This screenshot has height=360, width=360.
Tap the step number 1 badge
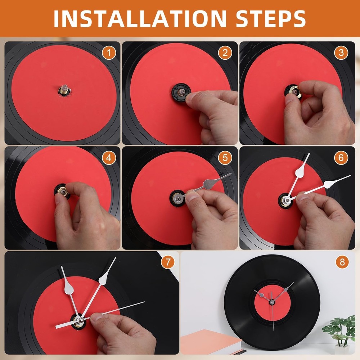pyautogui.click(x=109, y=53)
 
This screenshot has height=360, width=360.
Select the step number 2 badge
pyautogui.click(x=225, y=53)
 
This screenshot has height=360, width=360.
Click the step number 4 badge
pyautogui.click(x=109, y=157)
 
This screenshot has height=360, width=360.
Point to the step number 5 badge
pyautogui.click(x=225, y=157)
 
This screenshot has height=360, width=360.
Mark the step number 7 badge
pyautogui.click(x=167, y=262)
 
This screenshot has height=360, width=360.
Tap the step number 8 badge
pyautogui.click(x=342, y=262)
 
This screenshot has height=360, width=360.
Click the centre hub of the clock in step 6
pyautogui.click(x=286, y=200)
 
